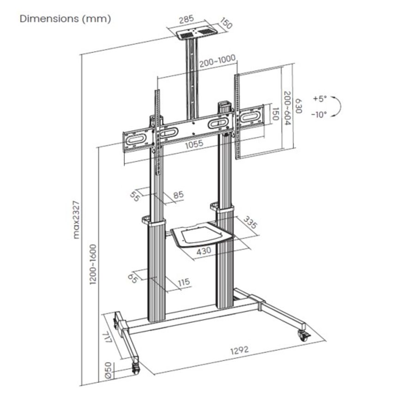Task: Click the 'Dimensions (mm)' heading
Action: [65, 19]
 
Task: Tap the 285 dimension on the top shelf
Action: [186, 21]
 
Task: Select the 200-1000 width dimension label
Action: [217, 61]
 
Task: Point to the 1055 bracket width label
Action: [194, 144]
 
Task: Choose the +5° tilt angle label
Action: [319, 98]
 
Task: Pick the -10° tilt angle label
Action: [319, 114]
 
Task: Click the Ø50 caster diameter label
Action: [107, 370]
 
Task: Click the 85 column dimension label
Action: [178, 195]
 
